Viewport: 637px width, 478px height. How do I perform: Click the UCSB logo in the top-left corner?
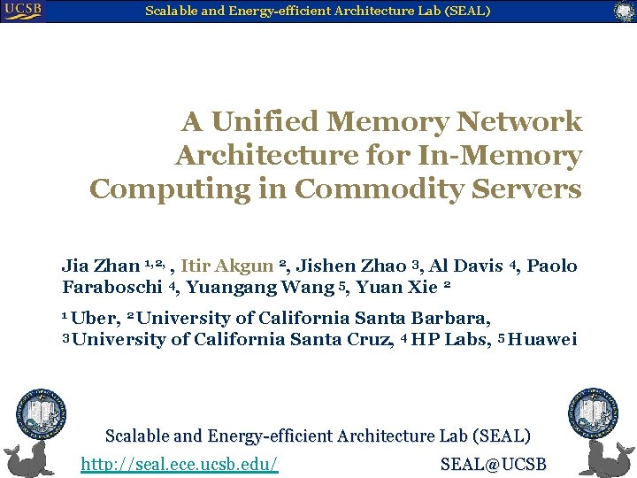click(22, 11)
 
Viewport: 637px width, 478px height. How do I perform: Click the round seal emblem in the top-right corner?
click(625, 12)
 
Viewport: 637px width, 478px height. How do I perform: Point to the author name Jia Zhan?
click(100, 266)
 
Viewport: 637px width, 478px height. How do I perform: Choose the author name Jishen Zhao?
click(350, 266)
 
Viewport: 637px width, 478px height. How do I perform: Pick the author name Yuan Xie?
click(396, 287)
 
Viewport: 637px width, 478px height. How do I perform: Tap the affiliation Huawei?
click(543, 339)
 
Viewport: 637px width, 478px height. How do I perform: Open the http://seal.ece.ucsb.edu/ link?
click(180, 464)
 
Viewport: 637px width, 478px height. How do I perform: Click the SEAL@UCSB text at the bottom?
click(493, 464)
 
